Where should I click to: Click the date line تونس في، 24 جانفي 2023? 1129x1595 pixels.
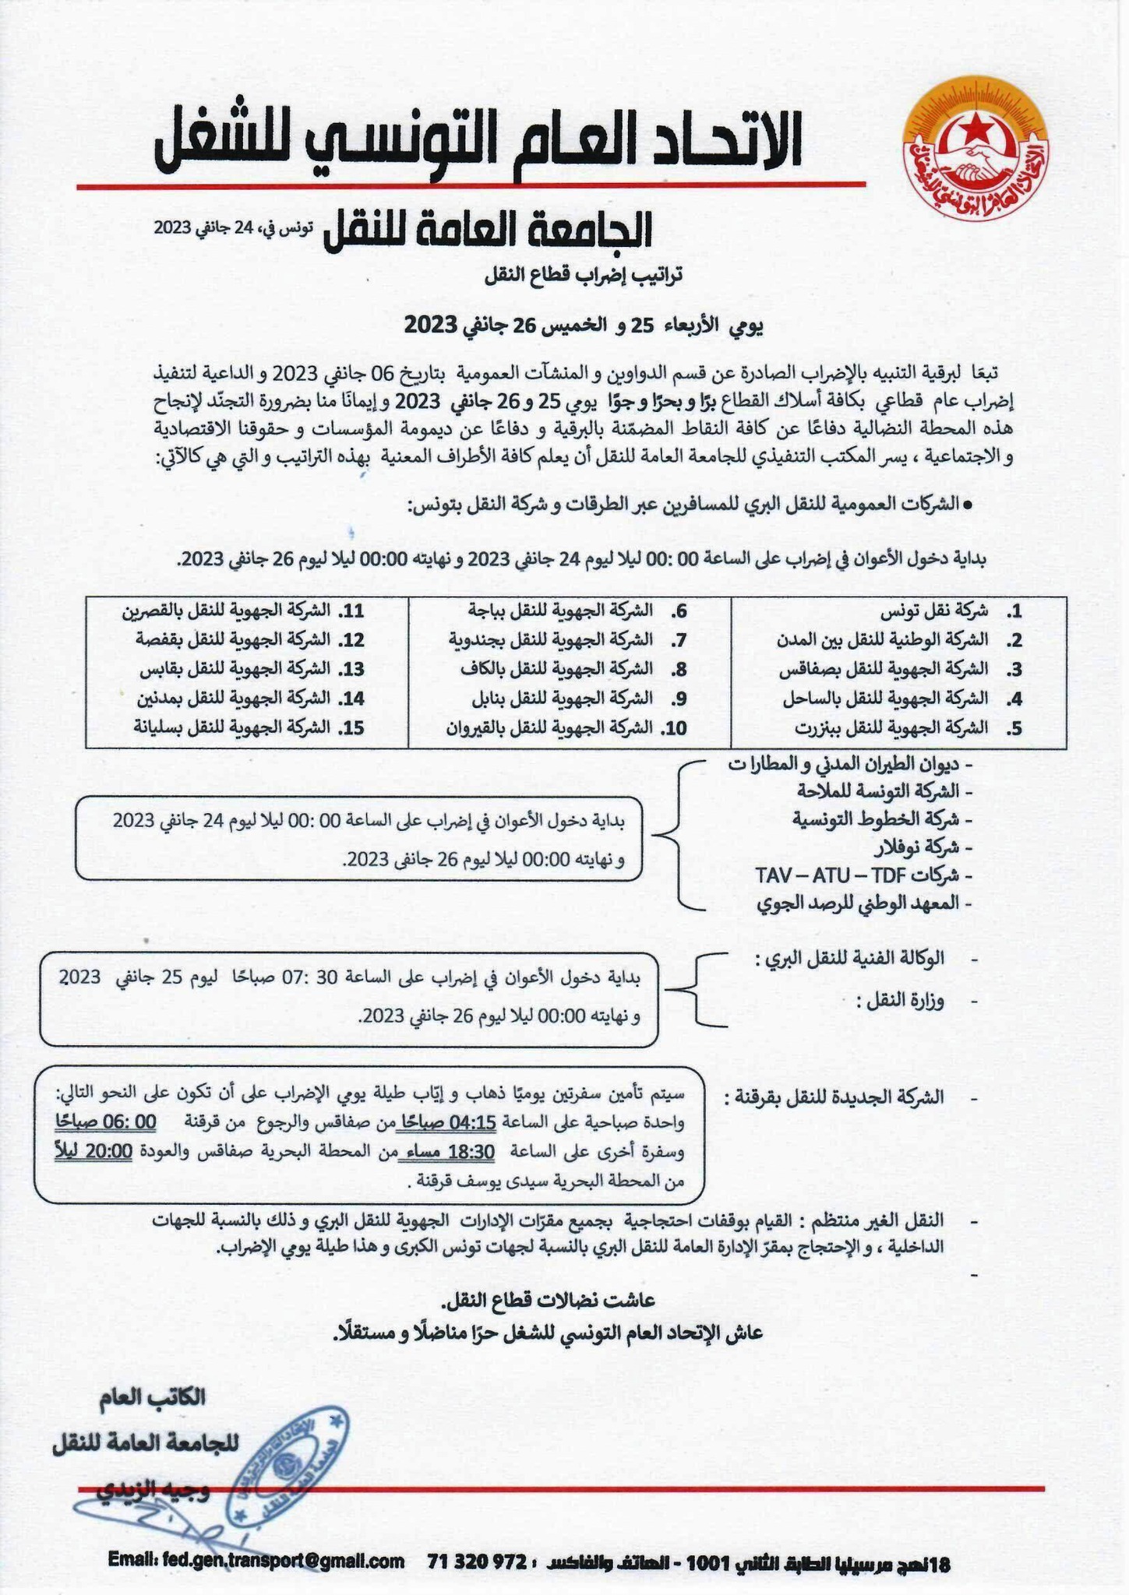pos(233,228)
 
